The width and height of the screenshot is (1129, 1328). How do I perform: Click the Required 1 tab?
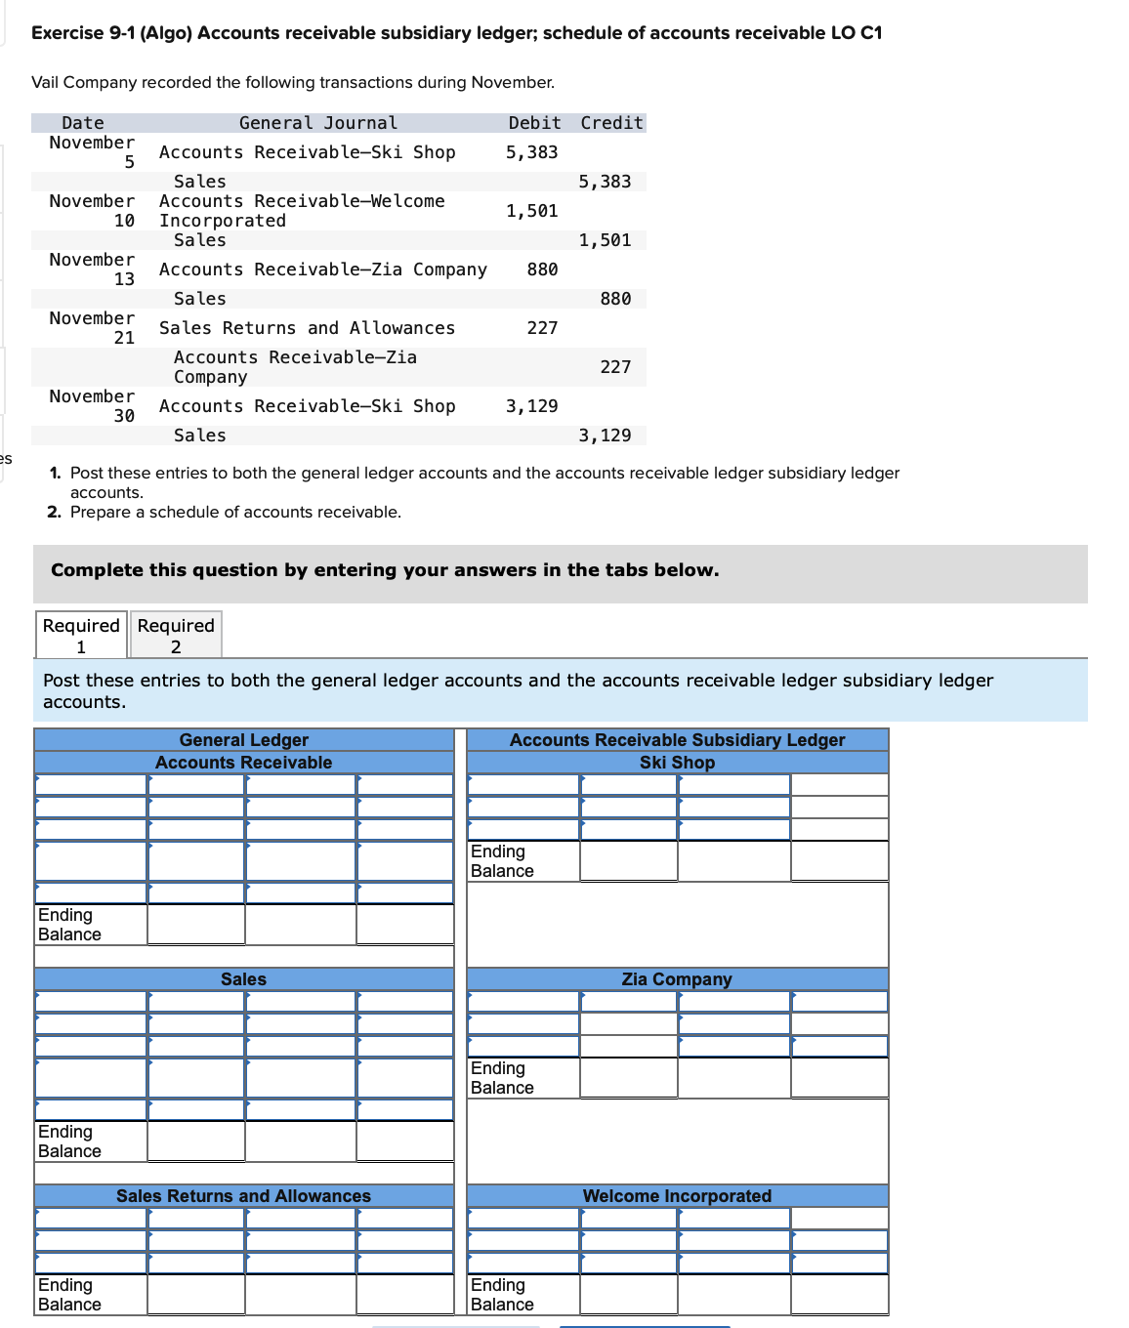pos(81,636)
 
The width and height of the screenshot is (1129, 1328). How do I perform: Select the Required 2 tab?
pos(176,636)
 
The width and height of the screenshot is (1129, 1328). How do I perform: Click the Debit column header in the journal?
pos(534,123)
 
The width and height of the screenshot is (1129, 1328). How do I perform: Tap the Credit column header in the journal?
pos(611,123)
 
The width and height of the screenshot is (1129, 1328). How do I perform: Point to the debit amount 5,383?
pos(531,152)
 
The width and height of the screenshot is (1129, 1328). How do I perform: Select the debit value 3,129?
pos(531,406)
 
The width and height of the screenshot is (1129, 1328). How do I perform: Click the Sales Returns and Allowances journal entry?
pos(307,328)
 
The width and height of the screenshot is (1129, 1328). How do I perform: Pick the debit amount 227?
pos(542,328)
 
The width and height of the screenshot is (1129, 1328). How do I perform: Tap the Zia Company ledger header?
pos(677,979)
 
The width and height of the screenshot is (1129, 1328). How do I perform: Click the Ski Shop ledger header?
pos(677,763)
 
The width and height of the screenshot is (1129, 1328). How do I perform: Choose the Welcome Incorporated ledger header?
pos(677,1196)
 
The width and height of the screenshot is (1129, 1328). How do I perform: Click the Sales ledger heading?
pos(243,979)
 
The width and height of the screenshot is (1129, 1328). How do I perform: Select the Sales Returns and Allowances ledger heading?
pos(243,1196)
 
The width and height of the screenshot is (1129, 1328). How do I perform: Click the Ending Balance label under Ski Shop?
pos(502,861)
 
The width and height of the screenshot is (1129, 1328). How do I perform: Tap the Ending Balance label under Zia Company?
pos(502,1078)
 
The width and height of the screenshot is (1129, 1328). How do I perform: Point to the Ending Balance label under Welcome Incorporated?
pos(502,1295)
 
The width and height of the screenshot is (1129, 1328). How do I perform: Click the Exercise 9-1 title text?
pos(456,33)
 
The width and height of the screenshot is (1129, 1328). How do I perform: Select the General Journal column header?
pos(318,123)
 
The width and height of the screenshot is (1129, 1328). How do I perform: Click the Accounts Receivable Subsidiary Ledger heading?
pos(677,740)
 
